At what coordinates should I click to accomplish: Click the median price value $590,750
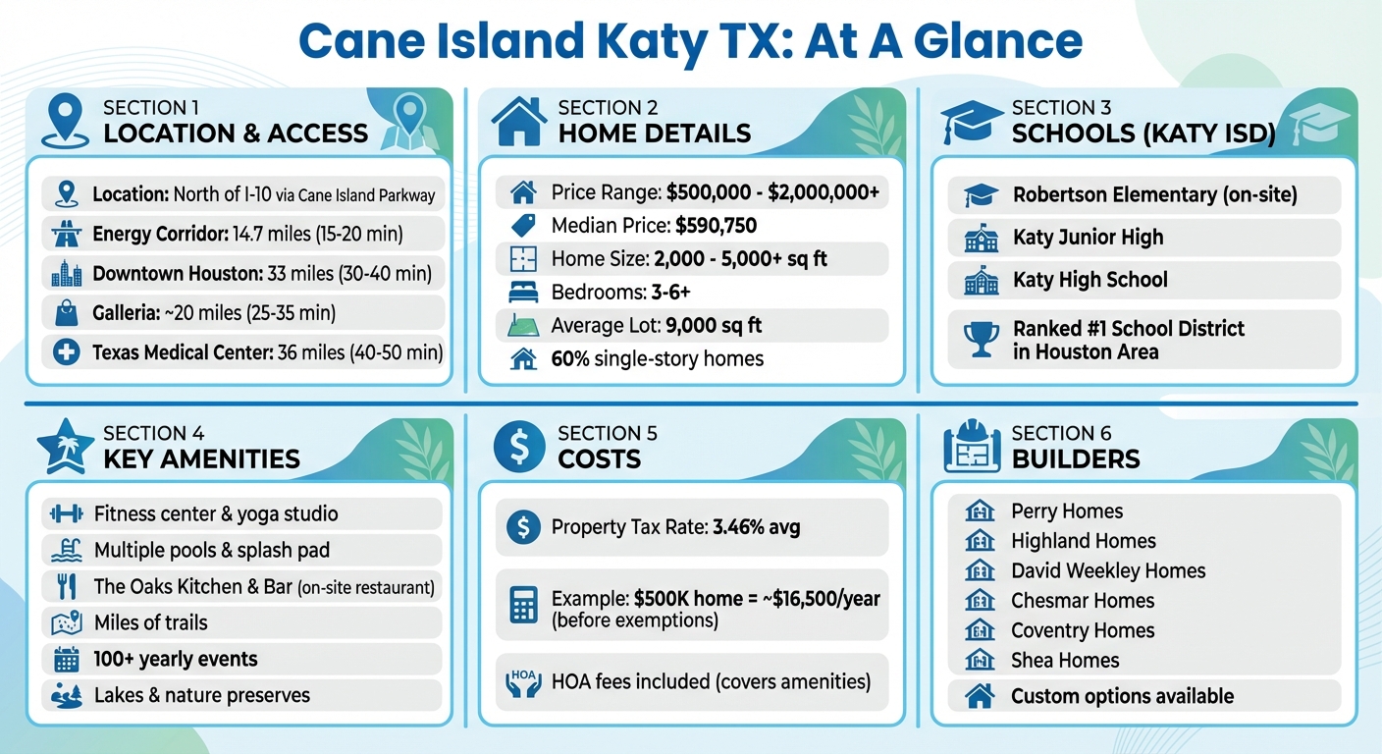716,226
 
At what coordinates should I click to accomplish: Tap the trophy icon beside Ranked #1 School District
981,340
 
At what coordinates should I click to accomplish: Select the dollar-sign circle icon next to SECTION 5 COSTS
519,446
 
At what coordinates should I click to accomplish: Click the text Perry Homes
1067,511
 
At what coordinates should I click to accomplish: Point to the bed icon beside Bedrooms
523,292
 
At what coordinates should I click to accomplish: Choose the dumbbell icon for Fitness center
66,513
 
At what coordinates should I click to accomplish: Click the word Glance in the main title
997,40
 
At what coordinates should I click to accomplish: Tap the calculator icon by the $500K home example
523,605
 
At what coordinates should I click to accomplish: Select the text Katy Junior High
1088,238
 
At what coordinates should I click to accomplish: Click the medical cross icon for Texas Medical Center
66,352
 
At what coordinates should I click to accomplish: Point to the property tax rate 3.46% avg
757,527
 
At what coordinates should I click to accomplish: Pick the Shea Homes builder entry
1065,660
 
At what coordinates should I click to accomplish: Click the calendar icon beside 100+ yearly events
66,659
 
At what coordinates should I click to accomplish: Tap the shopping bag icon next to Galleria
66,313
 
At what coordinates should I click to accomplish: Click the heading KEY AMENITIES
201,459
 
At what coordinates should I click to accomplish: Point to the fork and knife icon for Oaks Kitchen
66,586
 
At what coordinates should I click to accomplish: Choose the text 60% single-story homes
657,359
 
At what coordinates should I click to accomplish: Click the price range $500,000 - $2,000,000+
772,192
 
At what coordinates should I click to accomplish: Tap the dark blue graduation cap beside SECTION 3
972,121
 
